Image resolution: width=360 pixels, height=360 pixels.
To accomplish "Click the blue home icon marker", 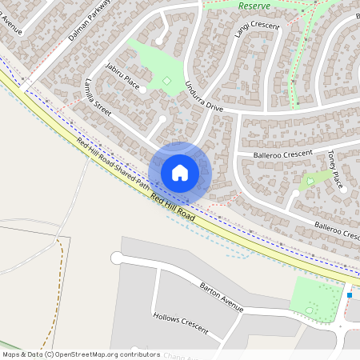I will pyautogui.click(x=180, y=172).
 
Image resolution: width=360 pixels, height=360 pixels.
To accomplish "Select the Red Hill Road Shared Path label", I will pyautogui.click(x=112, y=163).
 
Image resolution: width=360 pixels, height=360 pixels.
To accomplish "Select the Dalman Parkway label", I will pyautogui.click(x=87, y=25).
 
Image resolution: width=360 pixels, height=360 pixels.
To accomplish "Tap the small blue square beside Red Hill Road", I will pyautogui.click(x=350, y=295).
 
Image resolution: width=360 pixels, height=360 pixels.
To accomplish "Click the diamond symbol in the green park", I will pyautogui.click(x=167, y=80).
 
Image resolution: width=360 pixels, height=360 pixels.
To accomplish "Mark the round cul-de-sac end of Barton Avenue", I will pyautogui.click(x=117, y=258).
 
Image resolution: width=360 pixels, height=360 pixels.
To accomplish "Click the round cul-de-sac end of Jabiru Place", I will pyautogui.click(x=143, y=90).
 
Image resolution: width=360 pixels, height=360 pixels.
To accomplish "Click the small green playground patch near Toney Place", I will pyautogui.click(x=312, y=180).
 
